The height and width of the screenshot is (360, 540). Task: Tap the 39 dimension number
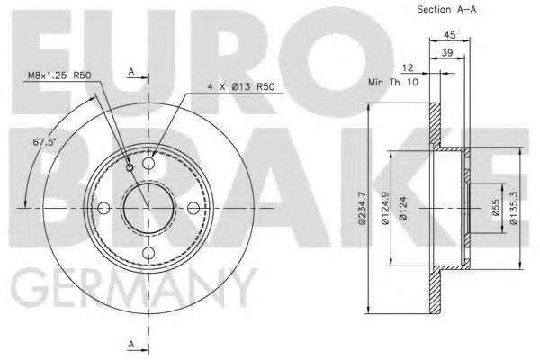coord(447,55)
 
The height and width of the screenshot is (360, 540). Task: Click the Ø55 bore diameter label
coord(494,208)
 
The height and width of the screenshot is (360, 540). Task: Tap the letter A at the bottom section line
coord(131,343)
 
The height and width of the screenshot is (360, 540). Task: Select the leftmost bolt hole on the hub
coord(103,209)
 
